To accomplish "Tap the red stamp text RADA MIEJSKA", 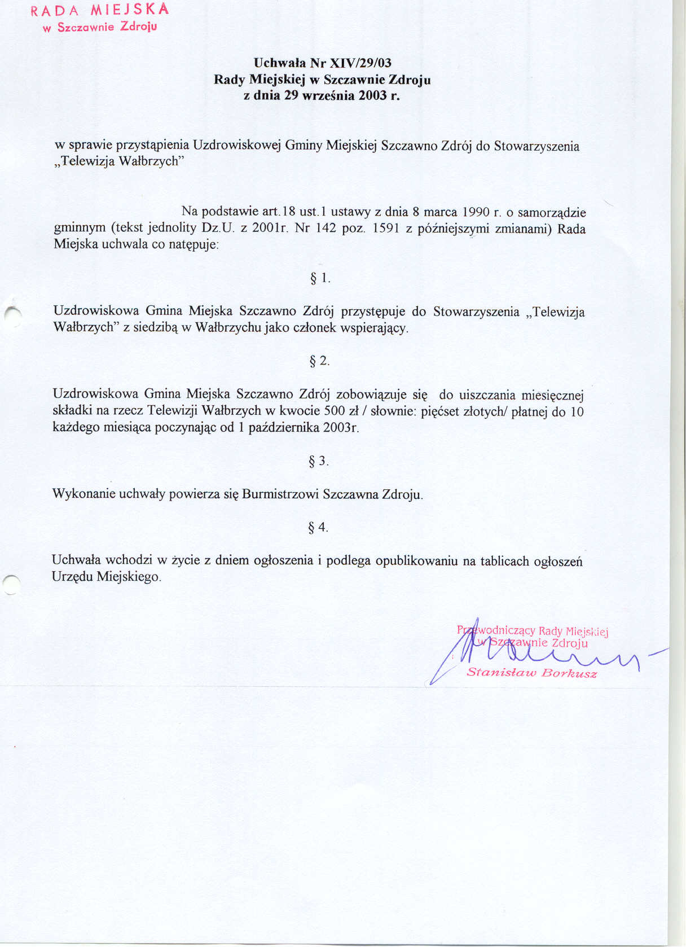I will (x=100, y=10).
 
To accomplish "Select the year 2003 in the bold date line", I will (x=371, y=95).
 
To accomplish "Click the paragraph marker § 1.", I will (x=320, y=278).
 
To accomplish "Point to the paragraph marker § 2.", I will (x=319, y=361).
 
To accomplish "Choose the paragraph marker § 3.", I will (x=319, y=462).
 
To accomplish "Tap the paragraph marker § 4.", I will (x=318, y=528).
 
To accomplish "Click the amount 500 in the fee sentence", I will (x=335, y=411).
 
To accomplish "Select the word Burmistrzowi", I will (x=280, y=495).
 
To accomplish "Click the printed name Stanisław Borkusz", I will (x=531, y=673).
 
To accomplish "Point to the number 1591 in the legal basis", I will (x=386, y=229).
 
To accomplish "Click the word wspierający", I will (x=374, y=328).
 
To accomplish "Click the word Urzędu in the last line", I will (x=72, y=577).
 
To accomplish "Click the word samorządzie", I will (x=552, y=213).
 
